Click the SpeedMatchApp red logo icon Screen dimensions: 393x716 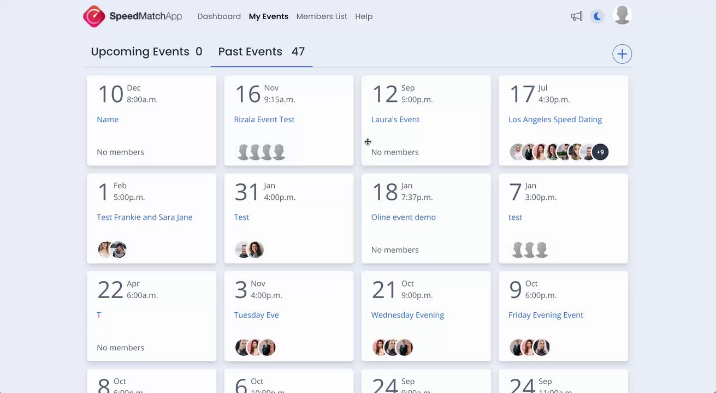click(x=94, y=16)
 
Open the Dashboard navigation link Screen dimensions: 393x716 click(x=219, y=16)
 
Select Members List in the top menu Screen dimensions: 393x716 click(x=322, y=16)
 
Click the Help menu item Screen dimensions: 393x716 click(x=364, y=16)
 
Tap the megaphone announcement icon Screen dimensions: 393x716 click(x=577, y=16)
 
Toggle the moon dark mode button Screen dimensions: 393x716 click(x=597, y=16)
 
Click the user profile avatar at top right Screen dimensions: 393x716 click(x=622, y=15)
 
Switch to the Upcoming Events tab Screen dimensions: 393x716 click(x=146, y=52)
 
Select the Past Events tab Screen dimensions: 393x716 click(x=261, y=52)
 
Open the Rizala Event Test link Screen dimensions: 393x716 click(x=264, y=120)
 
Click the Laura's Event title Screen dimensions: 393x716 click(x=395, y=120)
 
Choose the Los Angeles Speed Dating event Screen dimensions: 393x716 click(x=555, y=120)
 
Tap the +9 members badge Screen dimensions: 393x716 click(x=600, y=152)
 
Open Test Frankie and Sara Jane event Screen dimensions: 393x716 click(x=145, y=217)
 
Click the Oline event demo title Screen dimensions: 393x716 click(x=404, y=217)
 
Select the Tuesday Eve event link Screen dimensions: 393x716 click(x=256, y=315)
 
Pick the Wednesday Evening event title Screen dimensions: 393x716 click(x=407, y=315)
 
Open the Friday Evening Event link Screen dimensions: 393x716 click(x=546, y=315)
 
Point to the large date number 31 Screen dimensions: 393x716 click(x=247, y=192)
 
